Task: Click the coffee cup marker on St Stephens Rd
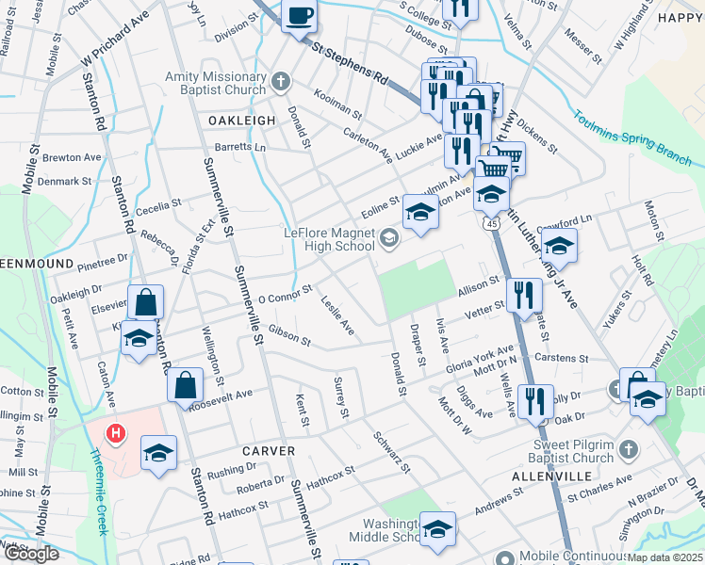300,16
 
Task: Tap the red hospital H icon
116,434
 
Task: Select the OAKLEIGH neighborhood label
241,121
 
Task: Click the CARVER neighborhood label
269,451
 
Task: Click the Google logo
32,553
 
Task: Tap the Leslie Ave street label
337,318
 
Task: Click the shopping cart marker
506,156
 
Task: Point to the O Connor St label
285,294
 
